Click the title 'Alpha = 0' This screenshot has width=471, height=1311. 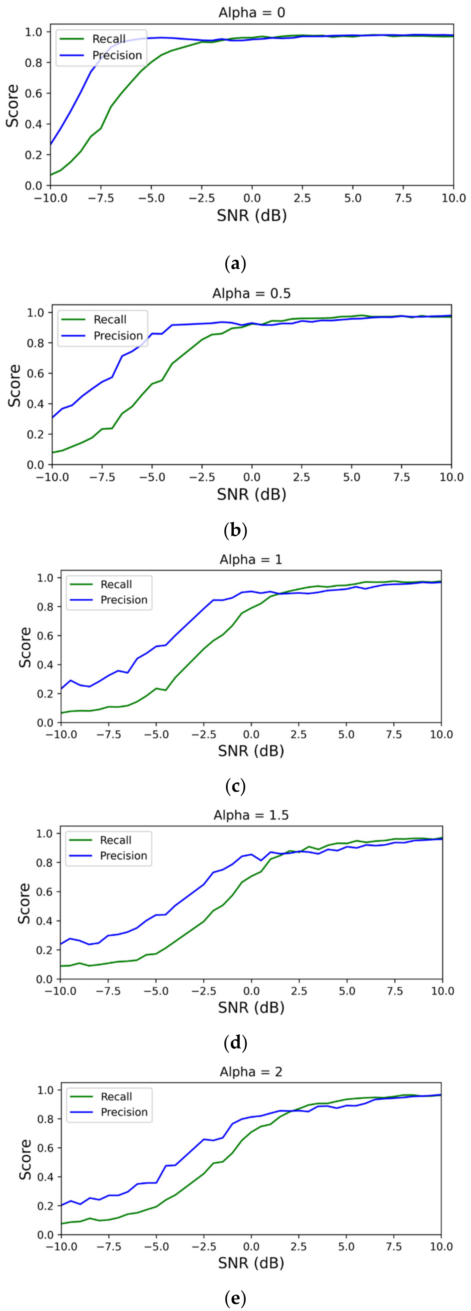click(x=251, y=12)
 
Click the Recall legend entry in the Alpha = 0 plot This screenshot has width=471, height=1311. click(x=108, y=39)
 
